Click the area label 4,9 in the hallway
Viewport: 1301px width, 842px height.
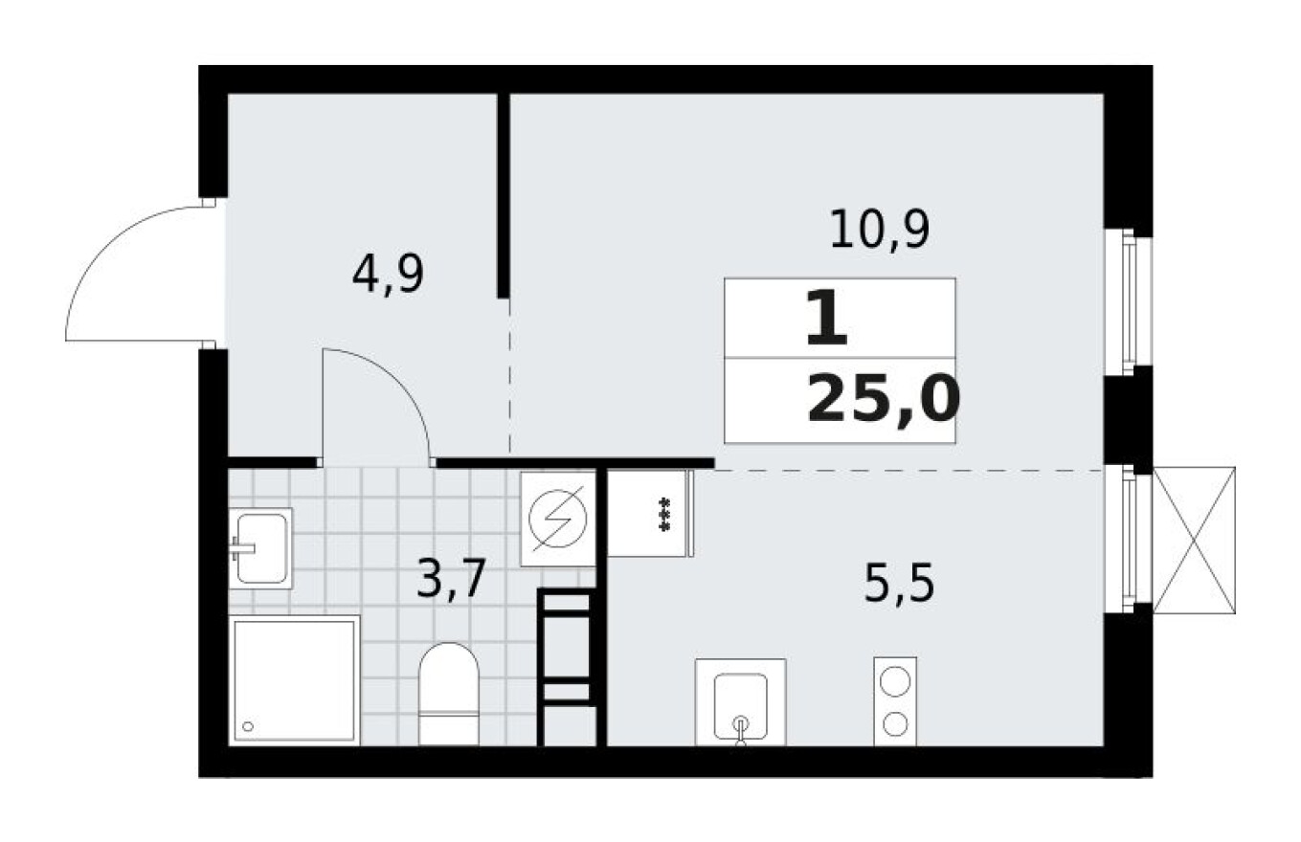(x=388, y=276)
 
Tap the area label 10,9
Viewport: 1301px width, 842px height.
(x=879, y=232)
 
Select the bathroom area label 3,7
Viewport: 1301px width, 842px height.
(x=453, y=579)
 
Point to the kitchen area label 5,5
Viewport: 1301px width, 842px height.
(x=898, y=585)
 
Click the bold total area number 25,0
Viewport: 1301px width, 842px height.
(x=882, y=400)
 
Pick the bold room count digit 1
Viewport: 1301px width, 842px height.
(x=827, y=321)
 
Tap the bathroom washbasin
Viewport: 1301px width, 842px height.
(x=259, y=547)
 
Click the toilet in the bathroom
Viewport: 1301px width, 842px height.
(x=448, y=693)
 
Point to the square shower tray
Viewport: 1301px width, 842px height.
(x=294, y=680)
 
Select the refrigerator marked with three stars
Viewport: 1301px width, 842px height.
(x=650, y=514)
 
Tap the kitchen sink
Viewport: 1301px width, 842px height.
(x=739, y=702)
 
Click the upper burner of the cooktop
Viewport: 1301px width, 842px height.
(x=895, y=683)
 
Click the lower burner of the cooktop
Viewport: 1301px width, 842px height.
(x=895, y=724)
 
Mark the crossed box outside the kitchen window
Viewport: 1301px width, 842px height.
(x=1194, y=540)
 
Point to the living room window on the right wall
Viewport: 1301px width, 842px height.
(x=1129, y=300)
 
